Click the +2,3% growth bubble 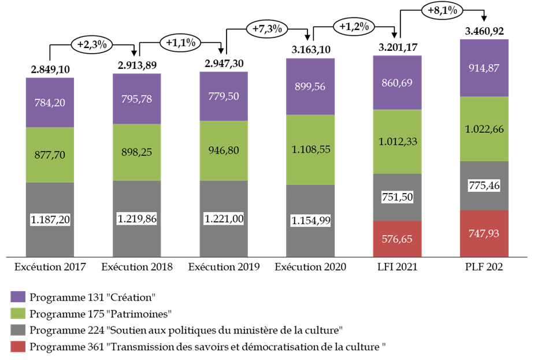tap(91, 44)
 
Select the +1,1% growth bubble tap(180, 43)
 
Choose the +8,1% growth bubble tap(443, 10)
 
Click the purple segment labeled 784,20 tap(50, 103)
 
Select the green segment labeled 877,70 tap(50, 155)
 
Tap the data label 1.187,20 tap(50, 220)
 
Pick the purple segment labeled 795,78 tap(137, 99)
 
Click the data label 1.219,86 tap(137, 218)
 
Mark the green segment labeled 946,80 tap(224, 150)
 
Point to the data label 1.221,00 tap(224, 219)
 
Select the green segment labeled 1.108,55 tap(310, 150)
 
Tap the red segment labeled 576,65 tap(397, 239)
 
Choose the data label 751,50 tap(397, 197)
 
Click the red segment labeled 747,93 tap(484, 233)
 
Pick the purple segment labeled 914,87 tap(484, 68)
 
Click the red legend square tap(18, 347)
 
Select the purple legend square tap(18, 296)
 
